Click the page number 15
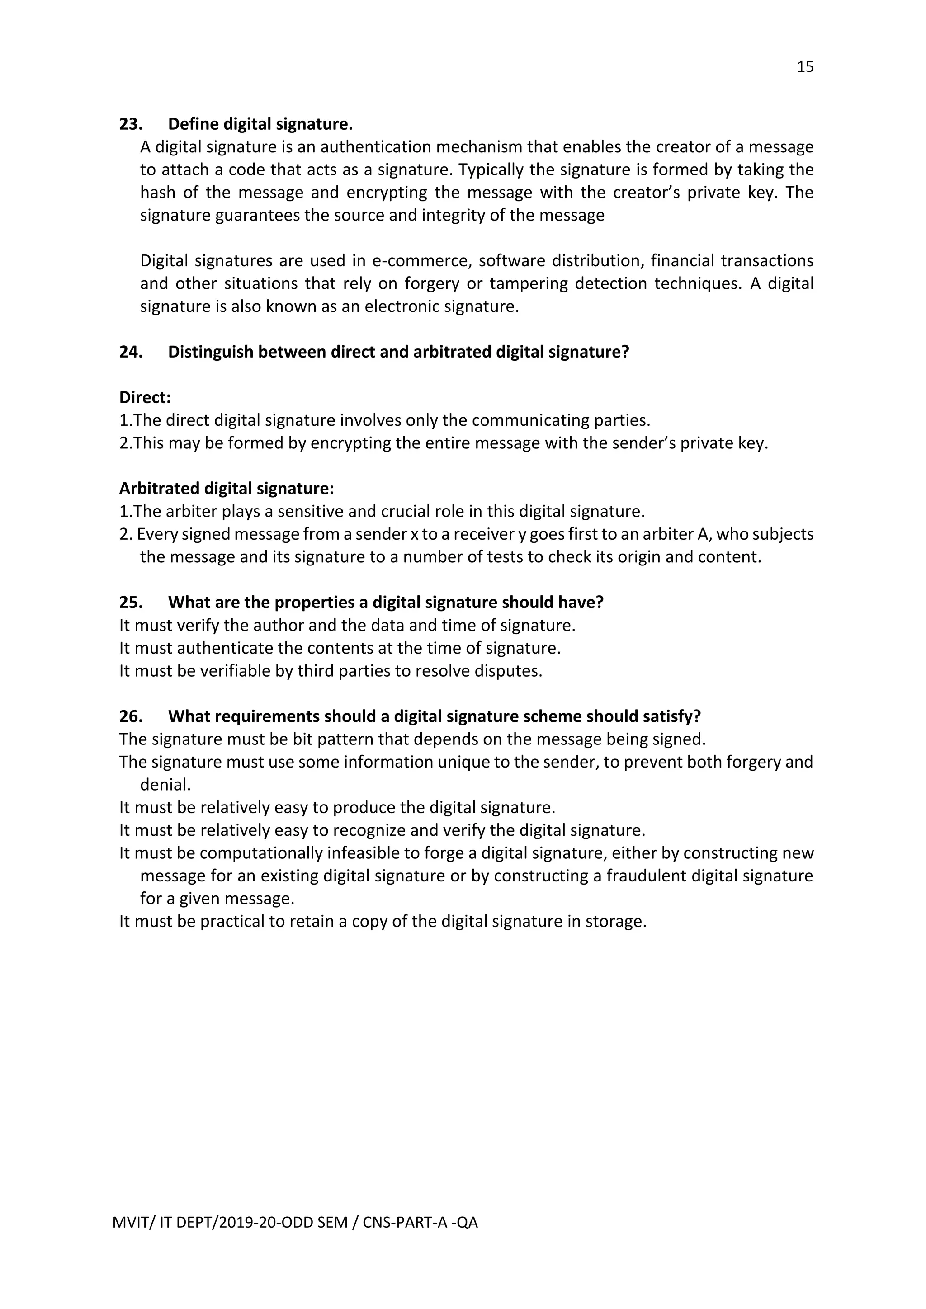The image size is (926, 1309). point(804,67)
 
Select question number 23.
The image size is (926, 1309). point(131,124)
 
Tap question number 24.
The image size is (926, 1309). point(131,352)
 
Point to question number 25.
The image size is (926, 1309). point(131,602)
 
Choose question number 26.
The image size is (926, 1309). point(131,716)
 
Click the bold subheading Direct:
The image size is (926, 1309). point(145,397)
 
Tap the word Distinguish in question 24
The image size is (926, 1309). point(210,352)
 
